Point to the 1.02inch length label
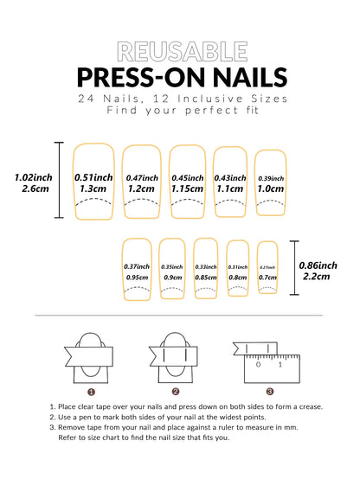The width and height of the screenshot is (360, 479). (x=32, y=177)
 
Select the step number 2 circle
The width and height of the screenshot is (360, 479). (x=176, y=391)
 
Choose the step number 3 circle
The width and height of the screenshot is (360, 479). (x=269, y=391)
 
